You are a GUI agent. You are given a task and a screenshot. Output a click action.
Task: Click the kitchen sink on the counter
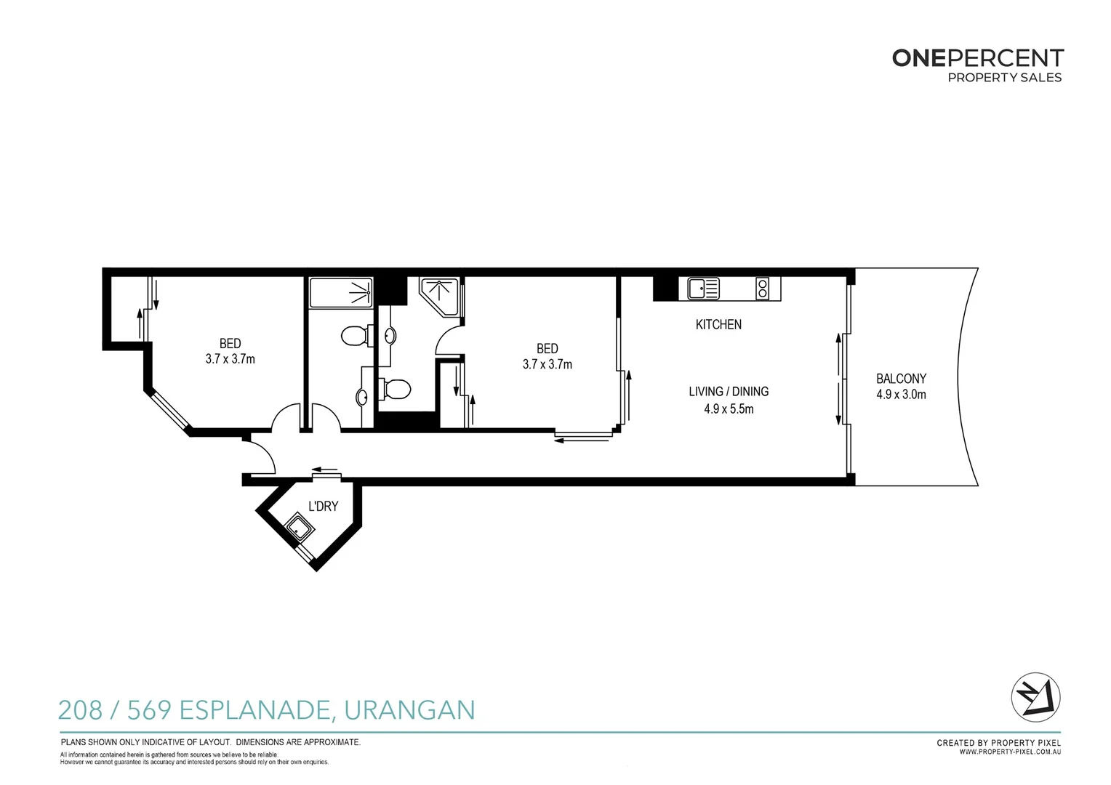click(x=702, y=289)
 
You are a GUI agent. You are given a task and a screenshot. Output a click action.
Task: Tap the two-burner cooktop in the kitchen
click(x=762, y=289)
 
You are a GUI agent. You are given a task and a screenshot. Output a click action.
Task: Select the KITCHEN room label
click(x=718, y=325)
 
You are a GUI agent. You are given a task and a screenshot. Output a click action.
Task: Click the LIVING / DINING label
click(x=729, y=392)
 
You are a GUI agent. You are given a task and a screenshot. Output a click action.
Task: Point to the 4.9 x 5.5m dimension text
click(x=729, y=409)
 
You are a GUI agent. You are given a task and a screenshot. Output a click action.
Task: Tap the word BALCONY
click(x=901, y=379)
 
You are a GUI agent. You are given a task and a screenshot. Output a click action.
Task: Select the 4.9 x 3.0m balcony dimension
click(x=901, y=395)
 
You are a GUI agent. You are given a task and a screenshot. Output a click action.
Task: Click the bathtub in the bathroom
click(x=341, y=293)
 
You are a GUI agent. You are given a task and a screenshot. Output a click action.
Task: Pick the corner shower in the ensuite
click(x=441, y=296)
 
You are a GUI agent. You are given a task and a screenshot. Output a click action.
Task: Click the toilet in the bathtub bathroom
click(x=356, y=337)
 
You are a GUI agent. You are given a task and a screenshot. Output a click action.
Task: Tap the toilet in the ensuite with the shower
click(x=396, y=389)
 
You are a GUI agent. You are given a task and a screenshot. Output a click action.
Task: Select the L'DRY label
click(x=323, y=507)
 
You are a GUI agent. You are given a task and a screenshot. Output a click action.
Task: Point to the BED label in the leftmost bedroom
click(x=230, y=344)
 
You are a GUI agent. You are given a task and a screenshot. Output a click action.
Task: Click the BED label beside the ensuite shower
click(x=547, y=349)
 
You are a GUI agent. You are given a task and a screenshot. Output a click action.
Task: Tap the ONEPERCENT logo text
click(x=977, y=58)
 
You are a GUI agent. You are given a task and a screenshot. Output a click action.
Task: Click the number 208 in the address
click(x=80, y=710)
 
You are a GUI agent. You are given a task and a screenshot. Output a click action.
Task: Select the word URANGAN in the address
click(x=409, y=710)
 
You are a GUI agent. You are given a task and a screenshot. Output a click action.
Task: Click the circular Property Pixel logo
click(x=1035, y=697)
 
